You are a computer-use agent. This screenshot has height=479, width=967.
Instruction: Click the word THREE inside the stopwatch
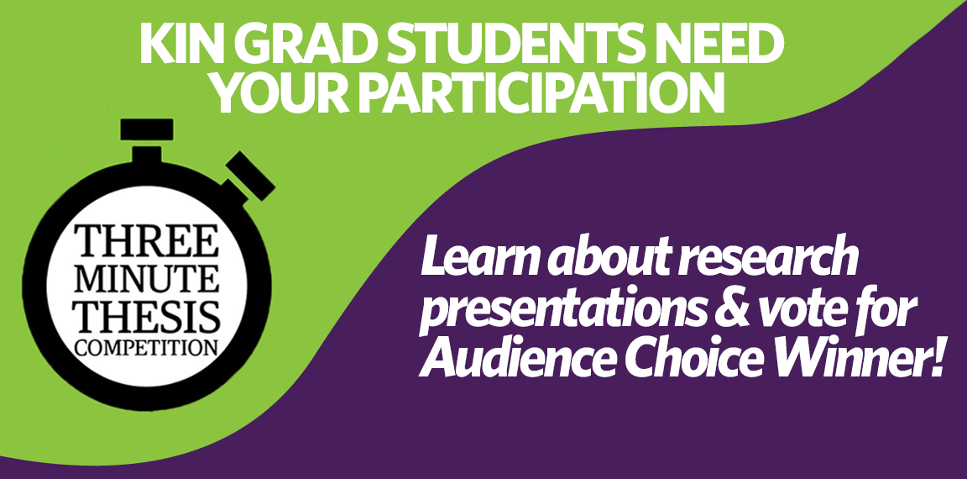(147, 241)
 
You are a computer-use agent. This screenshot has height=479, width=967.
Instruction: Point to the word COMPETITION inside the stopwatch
(147, 345)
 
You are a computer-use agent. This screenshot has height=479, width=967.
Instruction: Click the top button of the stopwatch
(147, 129)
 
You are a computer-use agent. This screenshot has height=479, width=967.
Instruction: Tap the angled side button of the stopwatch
(250, 176)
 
